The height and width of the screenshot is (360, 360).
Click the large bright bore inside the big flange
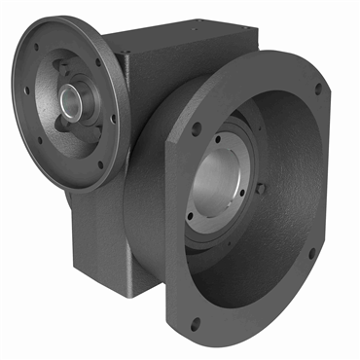(x=222, y=185)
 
